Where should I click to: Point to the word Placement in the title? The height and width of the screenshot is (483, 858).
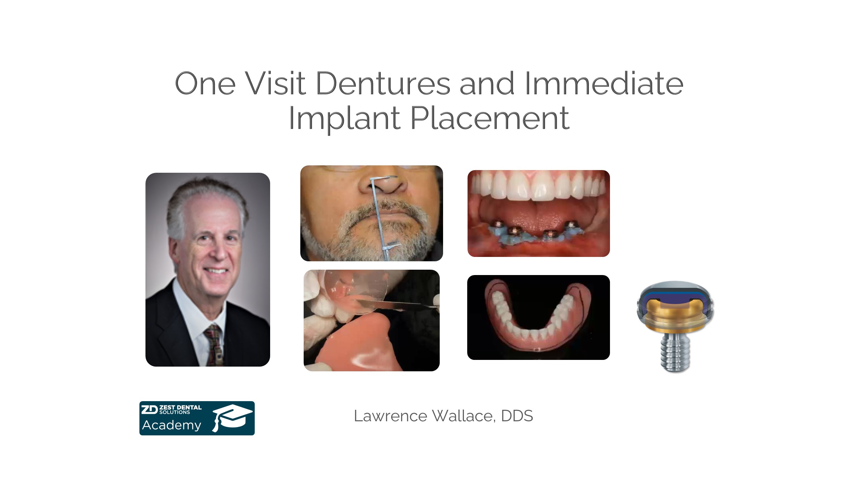tap(490, 118)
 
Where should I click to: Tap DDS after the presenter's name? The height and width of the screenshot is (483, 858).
tap(517, 416)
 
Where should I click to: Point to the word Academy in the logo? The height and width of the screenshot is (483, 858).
tap(172, 425)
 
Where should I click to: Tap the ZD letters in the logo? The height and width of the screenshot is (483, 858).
tap(149, 410)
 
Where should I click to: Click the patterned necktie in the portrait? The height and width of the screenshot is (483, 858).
tap(213, 345)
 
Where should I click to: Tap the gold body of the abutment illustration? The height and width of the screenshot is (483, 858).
tap(675, 319)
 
